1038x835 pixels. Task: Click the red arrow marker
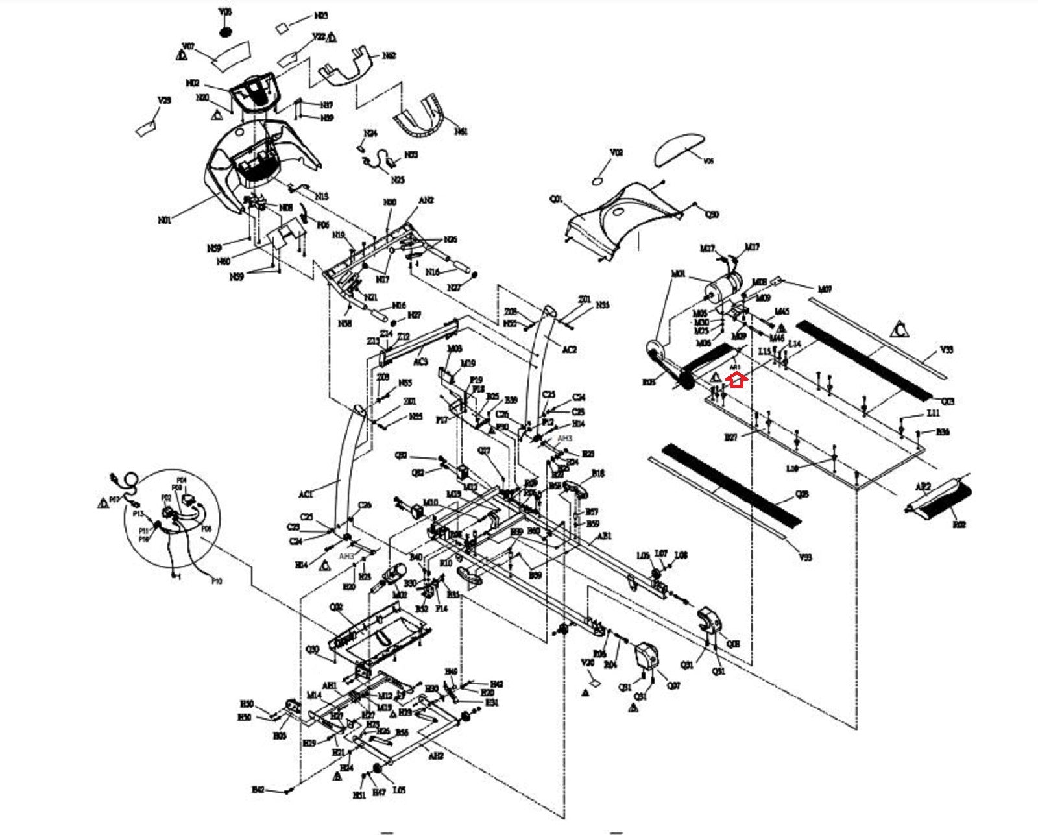point(736,380)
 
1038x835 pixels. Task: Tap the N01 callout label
point(165,220)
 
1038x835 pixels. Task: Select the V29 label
point(164,101)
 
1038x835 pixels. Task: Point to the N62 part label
point(389,56)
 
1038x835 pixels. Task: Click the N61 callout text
point(461,131)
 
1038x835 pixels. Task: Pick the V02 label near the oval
point(616,152)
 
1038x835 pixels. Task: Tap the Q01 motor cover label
point(556,200)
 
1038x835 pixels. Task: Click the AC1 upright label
point(306,494)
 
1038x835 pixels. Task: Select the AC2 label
point(569,350)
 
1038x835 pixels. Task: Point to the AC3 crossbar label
point(420,361)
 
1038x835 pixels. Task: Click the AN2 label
point(426,200)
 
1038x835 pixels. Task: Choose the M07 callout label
point(825,289)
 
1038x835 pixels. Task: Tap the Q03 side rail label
point(948,402)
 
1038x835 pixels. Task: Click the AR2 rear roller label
point(923,487)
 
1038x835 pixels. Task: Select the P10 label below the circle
point(217,581)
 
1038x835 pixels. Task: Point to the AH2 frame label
point(436,756)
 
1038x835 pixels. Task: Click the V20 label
point(587,663)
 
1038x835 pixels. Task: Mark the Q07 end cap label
point(673,685)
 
